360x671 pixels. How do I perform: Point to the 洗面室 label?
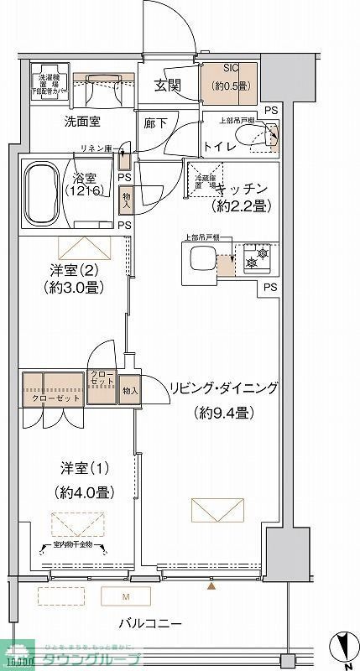[83, 122]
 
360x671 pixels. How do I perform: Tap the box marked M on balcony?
[126, 596]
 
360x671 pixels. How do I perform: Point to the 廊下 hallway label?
[153, 122]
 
